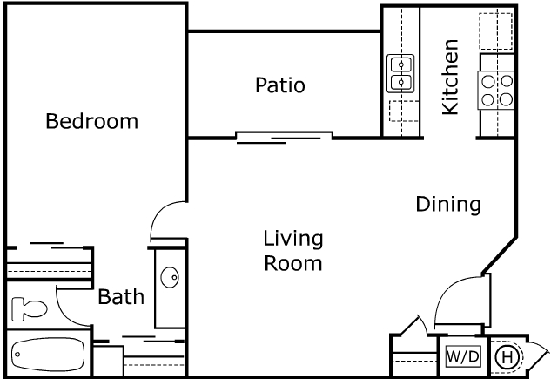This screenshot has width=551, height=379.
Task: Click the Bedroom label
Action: [91, 121]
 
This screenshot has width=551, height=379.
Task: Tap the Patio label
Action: [279, 85]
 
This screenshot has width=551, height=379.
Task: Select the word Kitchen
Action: [450, 77]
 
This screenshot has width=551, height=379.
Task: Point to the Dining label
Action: [447, 205]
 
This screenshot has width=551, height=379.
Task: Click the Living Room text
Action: [293, 250]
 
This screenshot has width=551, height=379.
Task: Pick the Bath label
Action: [120, 298]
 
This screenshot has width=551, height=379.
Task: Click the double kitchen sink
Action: [400, 74]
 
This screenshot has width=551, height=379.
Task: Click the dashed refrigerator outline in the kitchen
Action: [495, 31]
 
